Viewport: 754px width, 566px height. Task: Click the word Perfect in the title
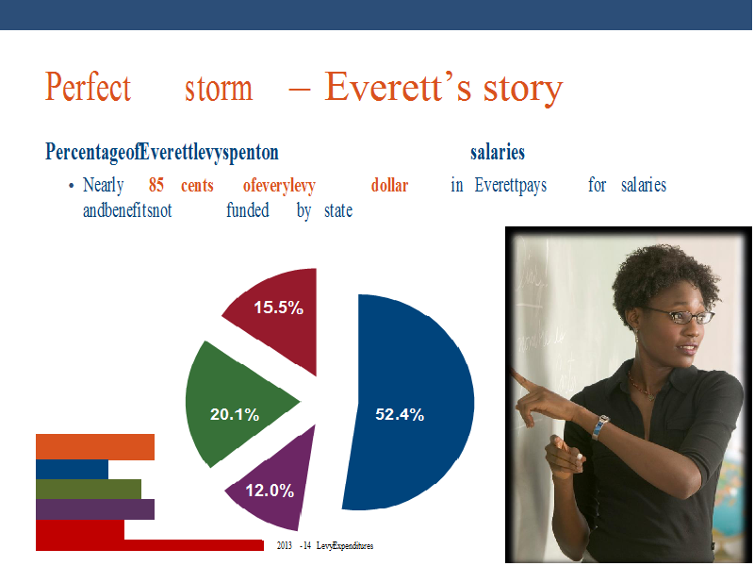(88, 87)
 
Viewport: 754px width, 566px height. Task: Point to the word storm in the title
(219, 88)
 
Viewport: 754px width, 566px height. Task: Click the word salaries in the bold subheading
(498, 152)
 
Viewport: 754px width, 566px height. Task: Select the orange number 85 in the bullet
(156, 185)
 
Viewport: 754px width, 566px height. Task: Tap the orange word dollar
(389, 185)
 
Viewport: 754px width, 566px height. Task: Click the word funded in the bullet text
(248, 210)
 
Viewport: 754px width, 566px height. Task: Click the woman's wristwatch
(599, 427)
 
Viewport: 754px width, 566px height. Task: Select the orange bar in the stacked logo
(95, 446)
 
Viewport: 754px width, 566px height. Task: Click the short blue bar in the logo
(73, 470)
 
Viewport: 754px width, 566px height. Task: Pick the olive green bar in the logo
(89, 490)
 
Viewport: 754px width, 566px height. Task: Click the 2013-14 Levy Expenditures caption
(325, 546)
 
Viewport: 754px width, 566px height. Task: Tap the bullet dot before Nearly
(72, 186)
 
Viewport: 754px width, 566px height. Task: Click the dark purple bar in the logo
(95, 509)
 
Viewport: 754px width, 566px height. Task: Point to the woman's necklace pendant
(650, 397)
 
